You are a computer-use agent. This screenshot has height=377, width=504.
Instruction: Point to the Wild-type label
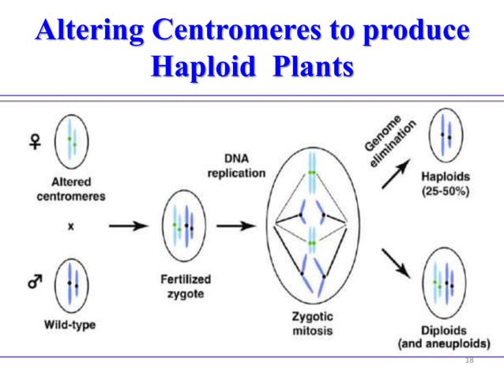(70, 324)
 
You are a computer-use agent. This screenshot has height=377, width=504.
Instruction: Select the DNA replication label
(235, 166)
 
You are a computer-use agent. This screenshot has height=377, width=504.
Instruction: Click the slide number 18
(470, 360)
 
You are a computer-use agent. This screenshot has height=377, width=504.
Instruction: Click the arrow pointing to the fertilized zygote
(127, 225)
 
